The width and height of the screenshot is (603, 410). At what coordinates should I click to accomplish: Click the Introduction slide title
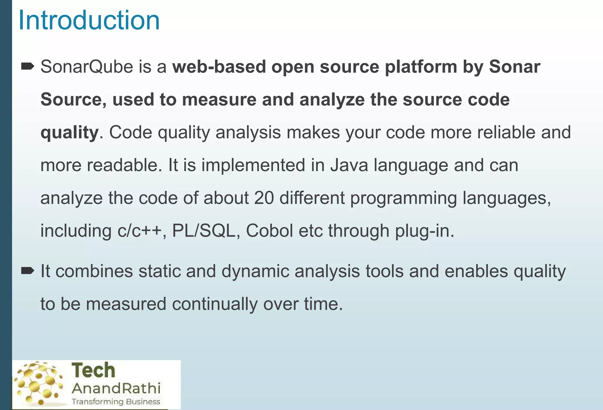[x=89, y=21]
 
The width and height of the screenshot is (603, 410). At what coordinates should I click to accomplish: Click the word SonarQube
[x=87, y=67]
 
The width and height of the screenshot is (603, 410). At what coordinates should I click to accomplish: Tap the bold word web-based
[x=219, y=67]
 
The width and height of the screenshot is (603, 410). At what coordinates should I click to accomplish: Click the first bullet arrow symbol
[x=28, y=67]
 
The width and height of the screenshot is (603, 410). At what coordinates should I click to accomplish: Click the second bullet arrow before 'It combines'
[x=28, y=271]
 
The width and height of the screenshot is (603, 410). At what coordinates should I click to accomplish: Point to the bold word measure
[x=219, y=100]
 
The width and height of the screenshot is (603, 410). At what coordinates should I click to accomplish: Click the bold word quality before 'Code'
[x=69, y=133]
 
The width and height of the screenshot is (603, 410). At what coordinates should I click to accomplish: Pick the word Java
[x=349, y=165]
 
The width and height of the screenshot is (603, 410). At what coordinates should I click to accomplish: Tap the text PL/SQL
[x=203, y=230]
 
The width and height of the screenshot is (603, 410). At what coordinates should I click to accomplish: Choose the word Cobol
[x=269, y=230]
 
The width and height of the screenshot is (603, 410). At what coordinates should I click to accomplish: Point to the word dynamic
[x=255, y=271]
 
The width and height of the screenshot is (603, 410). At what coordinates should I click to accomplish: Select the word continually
[x=215, y=304]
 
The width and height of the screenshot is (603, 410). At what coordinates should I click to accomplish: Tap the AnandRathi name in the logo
[x=116, y=388]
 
